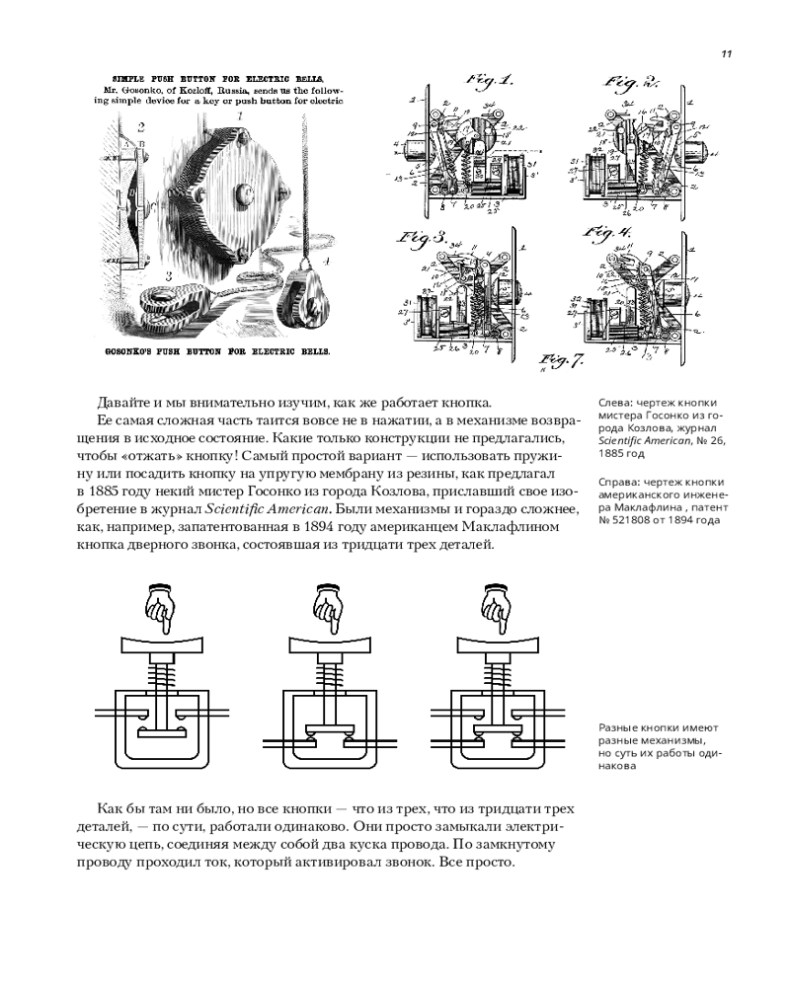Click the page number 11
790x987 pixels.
[726, 53]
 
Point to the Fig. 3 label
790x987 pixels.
[422, 238]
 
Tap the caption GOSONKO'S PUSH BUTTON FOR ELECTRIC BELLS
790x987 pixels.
[216, 350]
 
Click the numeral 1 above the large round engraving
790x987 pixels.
[239, 115]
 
